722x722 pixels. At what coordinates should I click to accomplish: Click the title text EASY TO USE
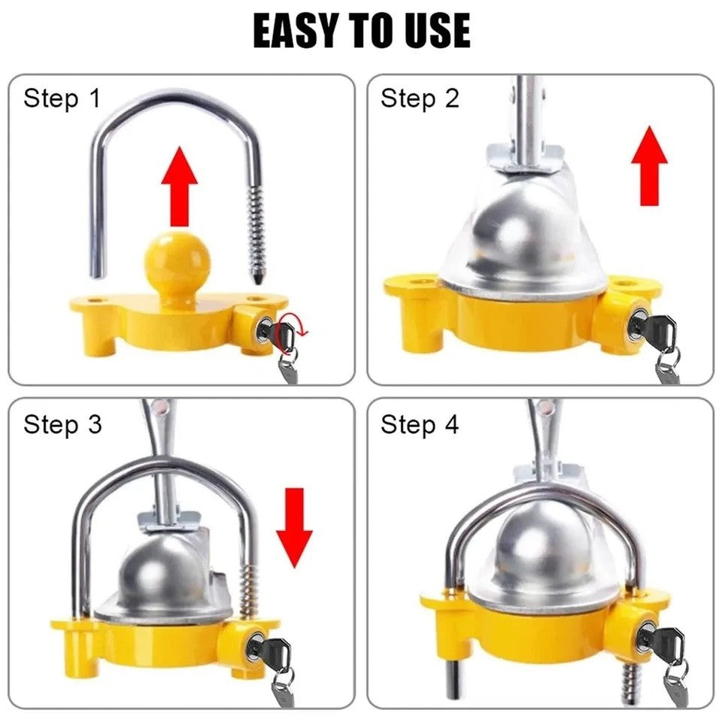pyautogui.click(x=361, y=32)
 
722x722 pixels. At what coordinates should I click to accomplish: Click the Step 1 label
pyautogui.click(x=62, y=99)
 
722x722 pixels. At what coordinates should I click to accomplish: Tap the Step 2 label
pyautogui.click(x=419, y=99)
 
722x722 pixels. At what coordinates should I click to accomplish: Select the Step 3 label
pyautogui.click(x=62, y=424)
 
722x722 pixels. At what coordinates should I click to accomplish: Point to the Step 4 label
pyautogui.click(x=419, y=424)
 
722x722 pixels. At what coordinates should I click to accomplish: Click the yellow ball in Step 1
pyautogui.click(x=177, y=263)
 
